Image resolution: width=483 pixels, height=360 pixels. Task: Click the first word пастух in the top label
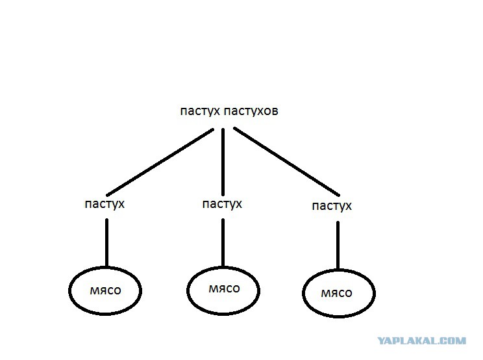click(200, 111)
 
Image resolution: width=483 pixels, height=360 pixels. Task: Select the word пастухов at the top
click(251, 111)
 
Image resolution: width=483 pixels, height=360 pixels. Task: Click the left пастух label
click(105, 204)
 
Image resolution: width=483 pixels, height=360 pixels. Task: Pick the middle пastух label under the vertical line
click(222, 204)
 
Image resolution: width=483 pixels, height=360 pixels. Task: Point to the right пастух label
click(332, 206)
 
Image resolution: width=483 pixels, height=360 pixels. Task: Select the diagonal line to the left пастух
click(160, 162)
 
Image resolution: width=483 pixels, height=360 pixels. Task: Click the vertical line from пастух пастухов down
click(223, 162)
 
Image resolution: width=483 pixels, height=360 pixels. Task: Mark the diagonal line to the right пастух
click(286, 161)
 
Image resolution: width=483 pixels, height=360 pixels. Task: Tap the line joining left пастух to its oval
click(106, 243)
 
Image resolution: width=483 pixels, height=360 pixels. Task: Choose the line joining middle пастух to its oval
click(223, 243)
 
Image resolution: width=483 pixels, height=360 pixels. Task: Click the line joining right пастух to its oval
click(338, 246)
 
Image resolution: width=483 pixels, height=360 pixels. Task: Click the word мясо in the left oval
click(105, 290)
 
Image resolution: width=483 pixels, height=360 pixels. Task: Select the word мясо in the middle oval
click(224, 289)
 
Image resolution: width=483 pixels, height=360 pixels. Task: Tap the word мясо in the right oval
click(336, 293)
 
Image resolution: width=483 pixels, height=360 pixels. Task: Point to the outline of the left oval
click(69, 290)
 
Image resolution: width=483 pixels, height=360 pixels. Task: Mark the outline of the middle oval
click(188, 290)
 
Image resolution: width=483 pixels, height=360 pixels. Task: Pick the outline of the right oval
click(303, 293)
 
